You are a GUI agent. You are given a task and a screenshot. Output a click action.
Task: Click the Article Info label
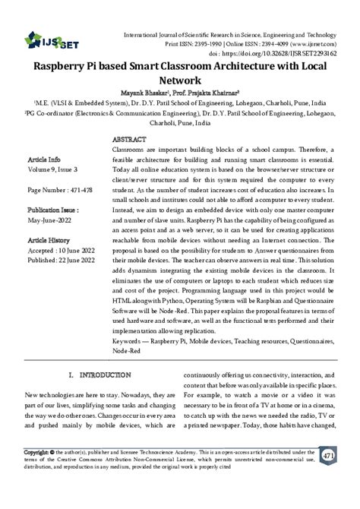coord(43,162)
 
